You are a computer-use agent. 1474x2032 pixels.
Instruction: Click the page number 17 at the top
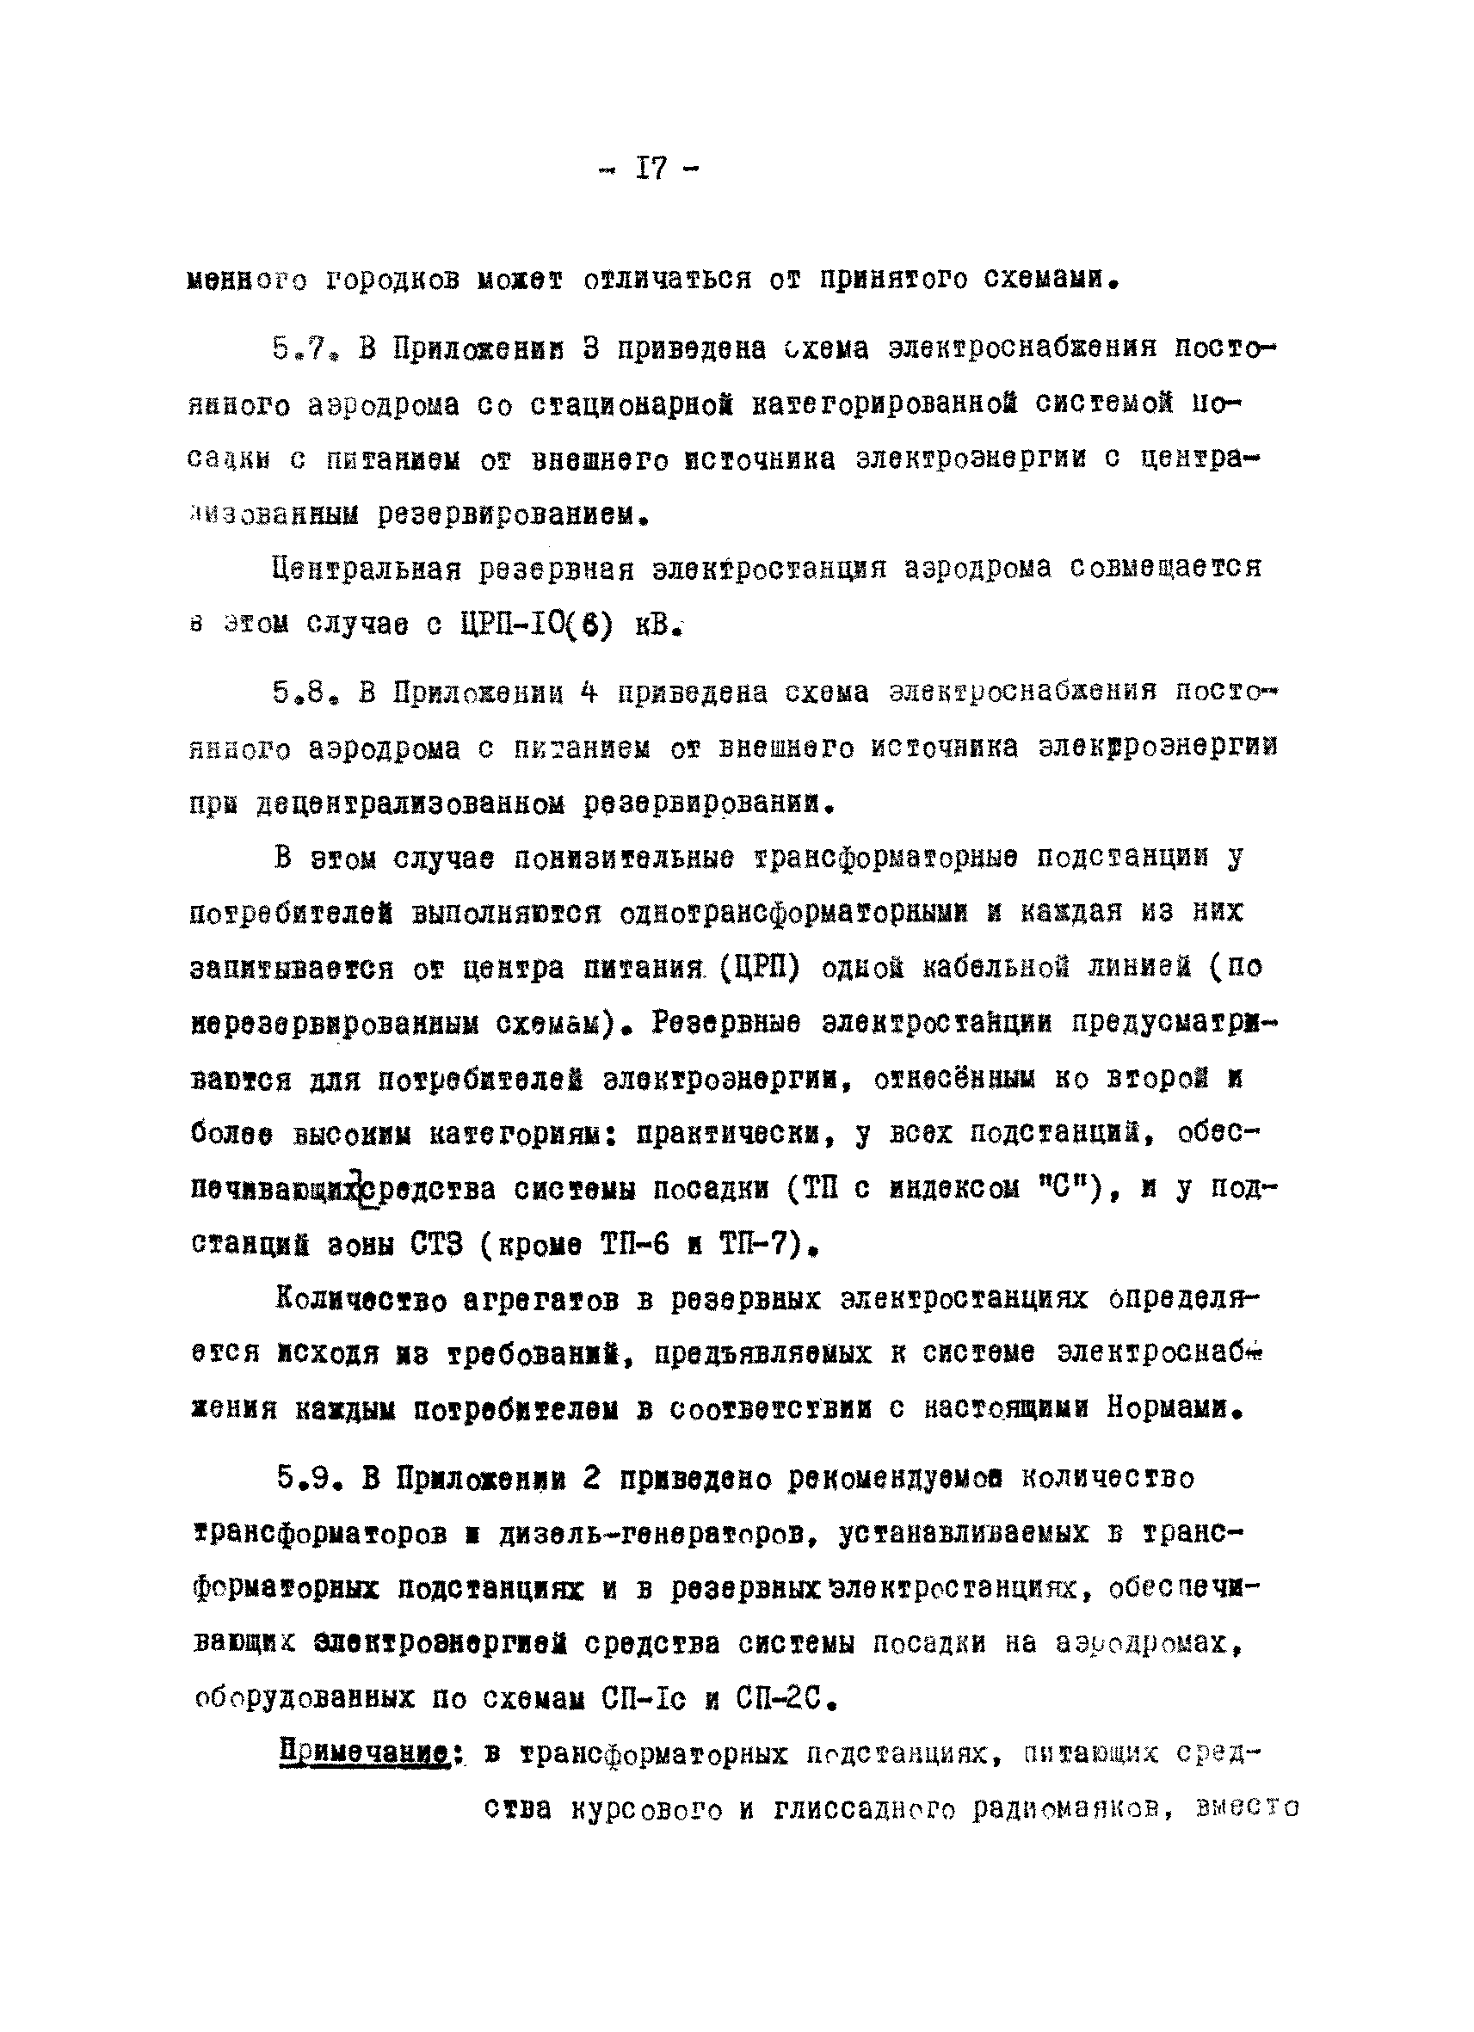pyautogui.click(x=651, y=169)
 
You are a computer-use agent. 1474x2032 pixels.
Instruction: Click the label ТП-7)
pyautogui.click(x=768, y=1246)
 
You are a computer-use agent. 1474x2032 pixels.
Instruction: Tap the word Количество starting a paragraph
pyautogui.click(x=361, y=1300)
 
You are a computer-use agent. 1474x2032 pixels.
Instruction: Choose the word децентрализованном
pyautogui.click(x=411, y=804)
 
